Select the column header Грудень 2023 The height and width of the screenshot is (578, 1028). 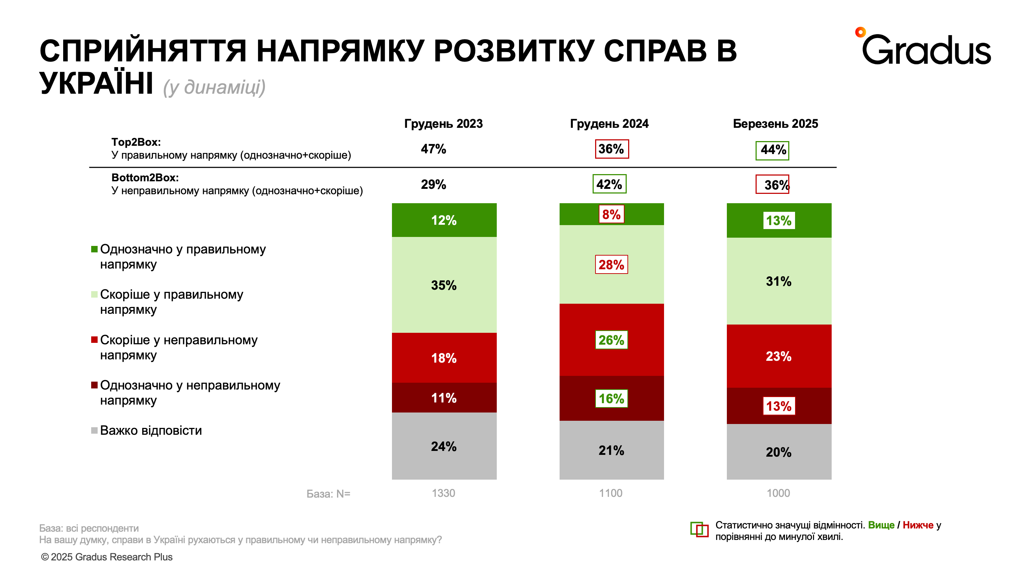pyautogui.click(x=443, y=124)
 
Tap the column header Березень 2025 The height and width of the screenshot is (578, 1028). pyautogui.click(x=775, y=124)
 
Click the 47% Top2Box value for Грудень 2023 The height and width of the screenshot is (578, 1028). pyautogui.click(x=433, y=149)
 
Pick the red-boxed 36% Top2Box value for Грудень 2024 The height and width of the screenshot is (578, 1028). pyautogui.click(x=611, y=149)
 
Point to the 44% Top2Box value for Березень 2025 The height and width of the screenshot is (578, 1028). pyautogui.click(x=772, y=150)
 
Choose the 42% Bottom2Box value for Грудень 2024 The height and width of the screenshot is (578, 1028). pyautogui.click(x=609, y=184)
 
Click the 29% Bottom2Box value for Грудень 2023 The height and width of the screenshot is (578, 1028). pyautogui.click(x=433, y=185)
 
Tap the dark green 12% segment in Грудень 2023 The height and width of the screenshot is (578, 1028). pyautogui.click(x=444, y=220)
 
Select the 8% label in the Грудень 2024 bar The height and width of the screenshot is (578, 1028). pyautogui.click(x=611, y=214)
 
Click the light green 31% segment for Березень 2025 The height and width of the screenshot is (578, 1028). pyautogui.click(x=779, y=281)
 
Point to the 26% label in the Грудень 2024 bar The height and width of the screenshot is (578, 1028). pyautogui.click(x=611, y=340)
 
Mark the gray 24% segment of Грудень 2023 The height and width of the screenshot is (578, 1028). pyautogui.click(x=444, y=446)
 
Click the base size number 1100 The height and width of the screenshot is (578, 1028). pyautogui.click(x=611, y=493)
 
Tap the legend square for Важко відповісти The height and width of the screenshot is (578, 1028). pyautogui.click(x=94, y=430)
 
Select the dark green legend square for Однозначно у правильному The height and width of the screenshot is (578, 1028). pyautogui.click(x=94, y=249)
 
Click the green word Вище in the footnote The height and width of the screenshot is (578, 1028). pyautogui.click(x=881, y=525)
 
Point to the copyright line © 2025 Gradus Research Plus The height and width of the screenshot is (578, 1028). pyautogui.click(x=107, y=557)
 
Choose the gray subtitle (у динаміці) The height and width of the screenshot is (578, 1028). pyautogui.click(x=214, y=87)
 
